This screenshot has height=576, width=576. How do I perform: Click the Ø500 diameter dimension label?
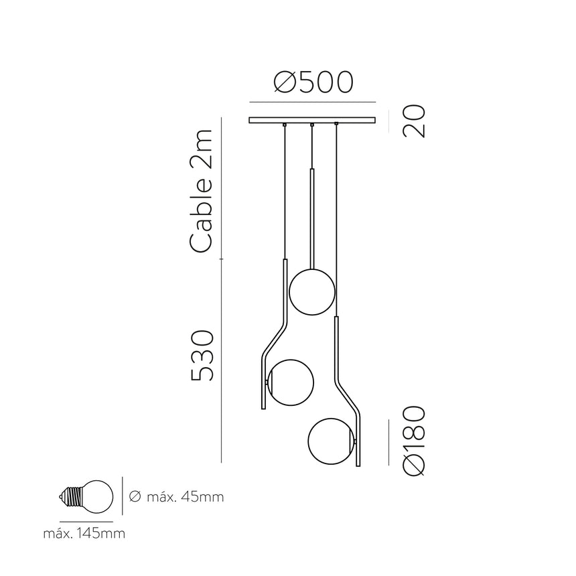coord(313,83)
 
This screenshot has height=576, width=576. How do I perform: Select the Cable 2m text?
coord(202,192)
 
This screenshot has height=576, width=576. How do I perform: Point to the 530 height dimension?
coord(202,356)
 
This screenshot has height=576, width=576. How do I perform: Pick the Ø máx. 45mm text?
coord(175,497)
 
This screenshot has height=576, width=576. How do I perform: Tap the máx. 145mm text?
coord(84,534)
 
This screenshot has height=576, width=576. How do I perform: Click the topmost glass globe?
coord(311,291)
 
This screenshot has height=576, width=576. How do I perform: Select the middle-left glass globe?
coord(289,382)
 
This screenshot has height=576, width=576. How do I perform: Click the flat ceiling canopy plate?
coord(312,121)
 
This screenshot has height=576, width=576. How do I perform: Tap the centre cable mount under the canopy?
coord(312,126)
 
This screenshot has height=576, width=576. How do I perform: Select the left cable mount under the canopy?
coord(285,126)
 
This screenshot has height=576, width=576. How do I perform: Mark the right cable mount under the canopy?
coord(337,126)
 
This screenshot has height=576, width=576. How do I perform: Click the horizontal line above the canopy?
coord(312,102)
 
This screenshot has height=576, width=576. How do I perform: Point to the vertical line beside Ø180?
coord(389,442)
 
